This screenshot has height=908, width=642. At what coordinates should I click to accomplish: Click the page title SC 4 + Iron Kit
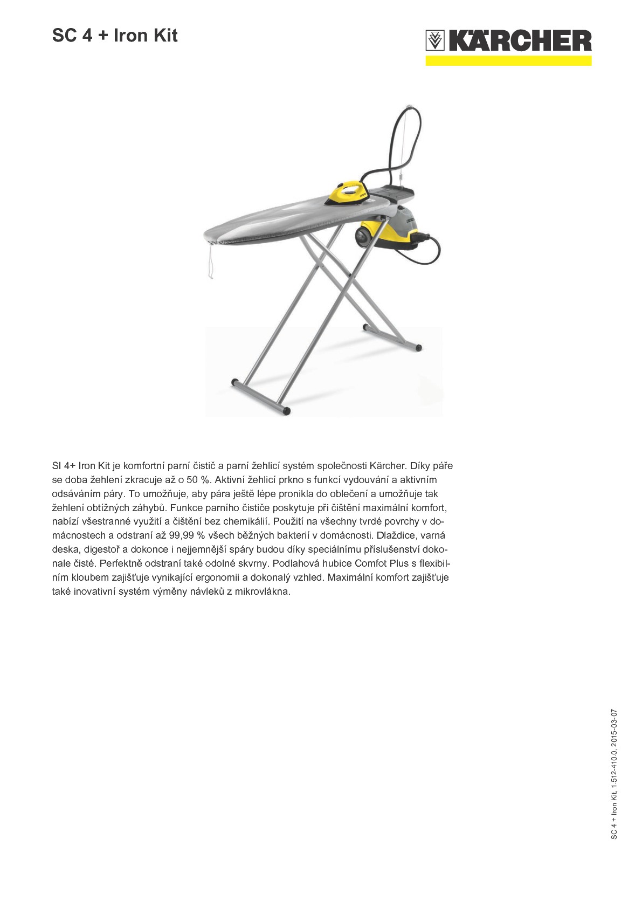click(x=115, y=36)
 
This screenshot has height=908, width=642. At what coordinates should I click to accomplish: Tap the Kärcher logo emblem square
click(x=435, y=40)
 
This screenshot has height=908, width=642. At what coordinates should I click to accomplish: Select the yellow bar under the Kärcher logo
click(x=508, y=61)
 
